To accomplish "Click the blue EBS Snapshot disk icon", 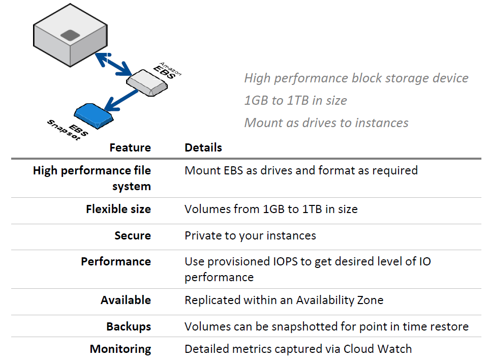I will click(93, 115).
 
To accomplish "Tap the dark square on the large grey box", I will click(69, 35).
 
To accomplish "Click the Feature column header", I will click(130, 147).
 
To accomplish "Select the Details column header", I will click(203, 147).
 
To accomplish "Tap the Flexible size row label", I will click(118, 209).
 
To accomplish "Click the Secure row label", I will click(133, 235).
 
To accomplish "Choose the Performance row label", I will click(116, 261).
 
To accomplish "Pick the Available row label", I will click(126, 300).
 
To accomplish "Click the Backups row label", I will click(129, 326).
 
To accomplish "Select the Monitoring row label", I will click(120, 349).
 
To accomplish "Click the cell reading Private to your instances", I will click(250, 235).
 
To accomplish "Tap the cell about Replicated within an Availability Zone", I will click(284, 300).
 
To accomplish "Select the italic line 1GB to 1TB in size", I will click(295, 100).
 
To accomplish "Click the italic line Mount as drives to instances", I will click(326, 123).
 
